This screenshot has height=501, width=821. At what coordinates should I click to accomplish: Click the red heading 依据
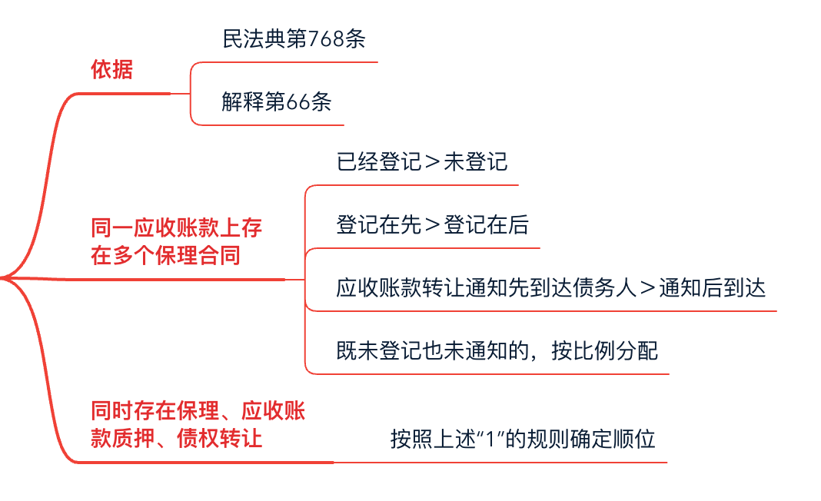(112, 71)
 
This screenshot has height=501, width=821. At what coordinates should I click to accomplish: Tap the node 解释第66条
(277, 102)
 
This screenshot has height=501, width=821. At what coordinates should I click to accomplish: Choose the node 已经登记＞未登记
(421, 163)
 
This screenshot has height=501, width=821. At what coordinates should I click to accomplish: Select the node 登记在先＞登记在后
(432, 226)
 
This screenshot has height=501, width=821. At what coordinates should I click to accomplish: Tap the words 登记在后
(486, 226)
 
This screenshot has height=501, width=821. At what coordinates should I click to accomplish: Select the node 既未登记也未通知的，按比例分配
(497, 351)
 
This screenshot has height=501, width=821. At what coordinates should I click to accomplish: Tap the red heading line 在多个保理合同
(166, 255)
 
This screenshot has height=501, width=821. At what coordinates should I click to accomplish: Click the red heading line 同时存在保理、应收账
(198, 411)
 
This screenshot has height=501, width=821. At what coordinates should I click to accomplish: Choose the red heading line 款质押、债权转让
(177, 438)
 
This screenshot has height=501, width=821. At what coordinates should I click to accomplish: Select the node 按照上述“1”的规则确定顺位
(523, 440)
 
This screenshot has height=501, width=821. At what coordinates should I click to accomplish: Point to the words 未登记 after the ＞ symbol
(475, 163)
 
